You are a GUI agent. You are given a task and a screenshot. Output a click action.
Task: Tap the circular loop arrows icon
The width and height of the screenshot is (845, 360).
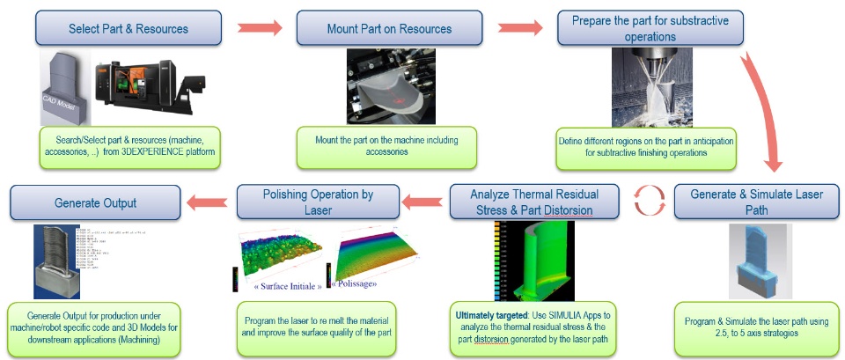tap(647, 202)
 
